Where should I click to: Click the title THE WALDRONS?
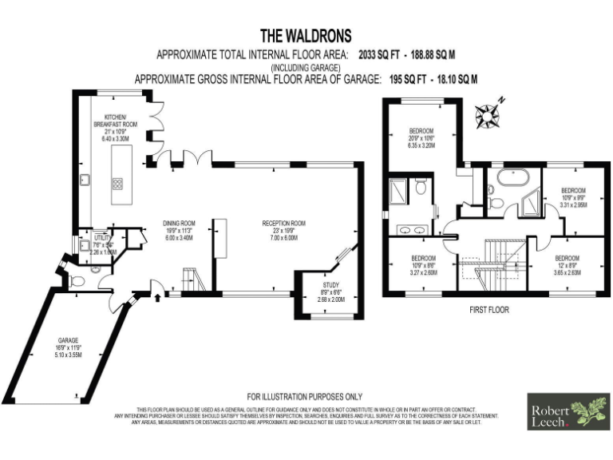[306, 36]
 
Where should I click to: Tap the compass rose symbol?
[487, 116]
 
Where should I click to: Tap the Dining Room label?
[179, 224]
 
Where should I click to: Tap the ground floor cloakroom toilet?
[95, 271]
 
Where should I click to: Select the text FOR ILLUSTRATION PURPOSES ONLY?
[304, 396]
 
